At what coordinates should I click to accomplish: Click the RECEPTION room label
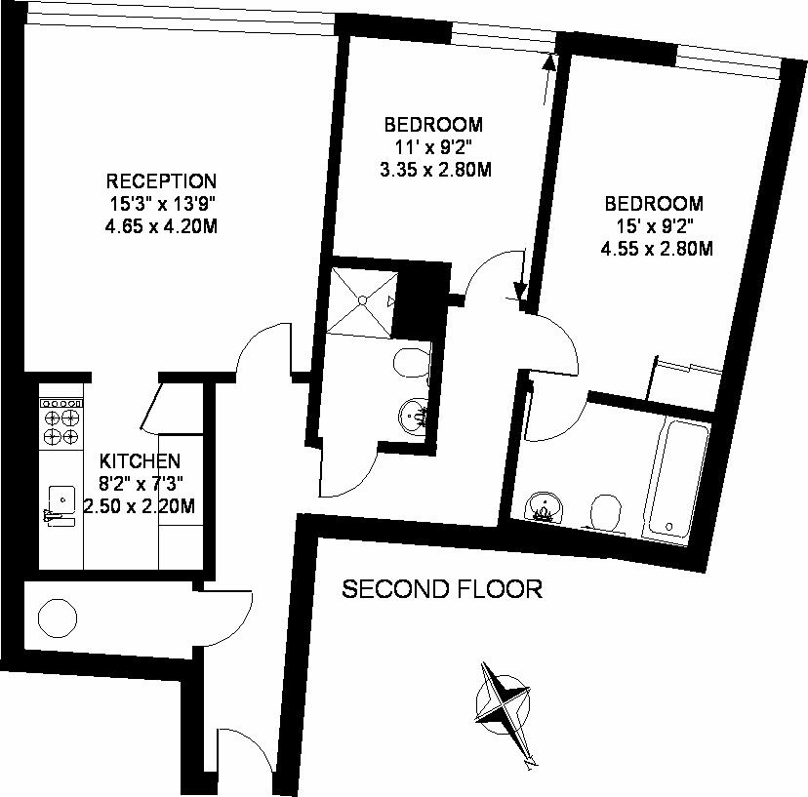coord(161,181)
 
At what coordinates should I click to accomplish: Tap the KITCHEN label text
coord(140,460)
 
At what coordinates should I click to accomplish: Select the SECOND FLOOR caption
coord(443,589)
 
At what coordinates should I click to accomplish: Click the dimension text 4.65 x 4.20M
coord(161,226)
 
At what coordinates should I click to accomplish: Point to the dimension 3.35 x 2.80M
coord(435,170)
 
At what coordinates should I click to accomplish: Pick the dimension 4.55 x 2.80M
coord(657,250)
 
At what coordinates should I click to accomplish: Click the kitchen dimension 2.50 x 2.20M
coord(140,506)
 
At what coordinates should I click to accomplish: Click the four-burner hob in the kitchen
coord(61,422)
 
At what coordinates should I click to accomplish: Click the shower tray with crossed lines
coord(362,300)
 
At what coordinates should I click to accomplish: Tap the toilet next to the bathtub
coord(605,512)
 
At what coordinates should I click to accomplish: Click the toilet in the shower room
coord(412,363)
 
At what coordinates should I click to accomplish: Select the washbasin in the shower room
coord(414,415)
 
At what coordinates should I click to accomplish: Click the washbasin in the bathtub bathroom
coord(544,507)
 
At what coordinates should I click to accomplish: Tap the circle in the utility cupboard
coord(58,618)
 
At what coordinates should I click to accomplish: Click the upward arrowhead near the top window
coord(550,61)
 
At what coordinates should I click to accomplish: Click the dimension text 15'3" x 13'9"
coord(161,204)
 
